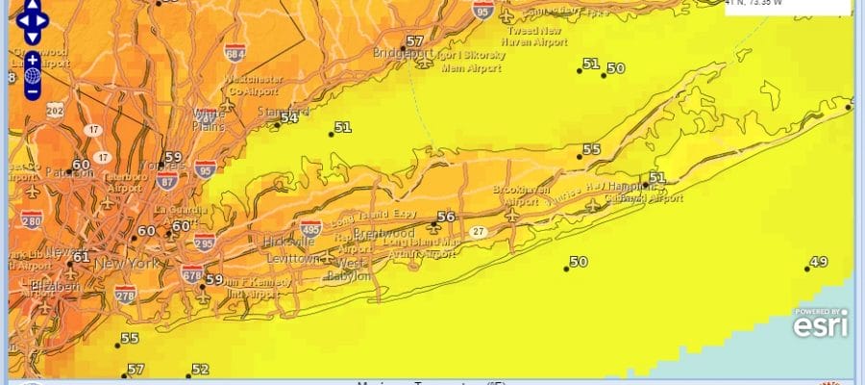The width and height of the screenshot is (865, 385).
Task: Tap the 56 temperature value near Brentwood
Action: [445, 218]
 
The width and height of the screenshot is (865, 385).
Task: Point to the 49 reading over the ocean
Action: [819, 262]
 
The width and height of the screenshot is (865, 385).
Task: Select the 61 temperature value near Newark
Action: [81, 257]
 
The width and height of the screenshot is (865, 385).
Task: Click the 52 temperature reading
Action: [200, 370]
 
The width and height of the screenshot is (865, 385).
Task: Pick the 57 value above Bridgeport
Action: [414, 41]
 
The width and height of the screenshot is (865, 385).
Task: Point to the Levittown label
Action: [291, 259]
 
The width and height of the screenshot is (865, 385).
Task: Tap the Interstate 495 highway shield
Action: [309, 229]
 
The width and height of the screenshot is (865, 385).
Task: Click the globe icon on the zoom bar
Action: [33, 75]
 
